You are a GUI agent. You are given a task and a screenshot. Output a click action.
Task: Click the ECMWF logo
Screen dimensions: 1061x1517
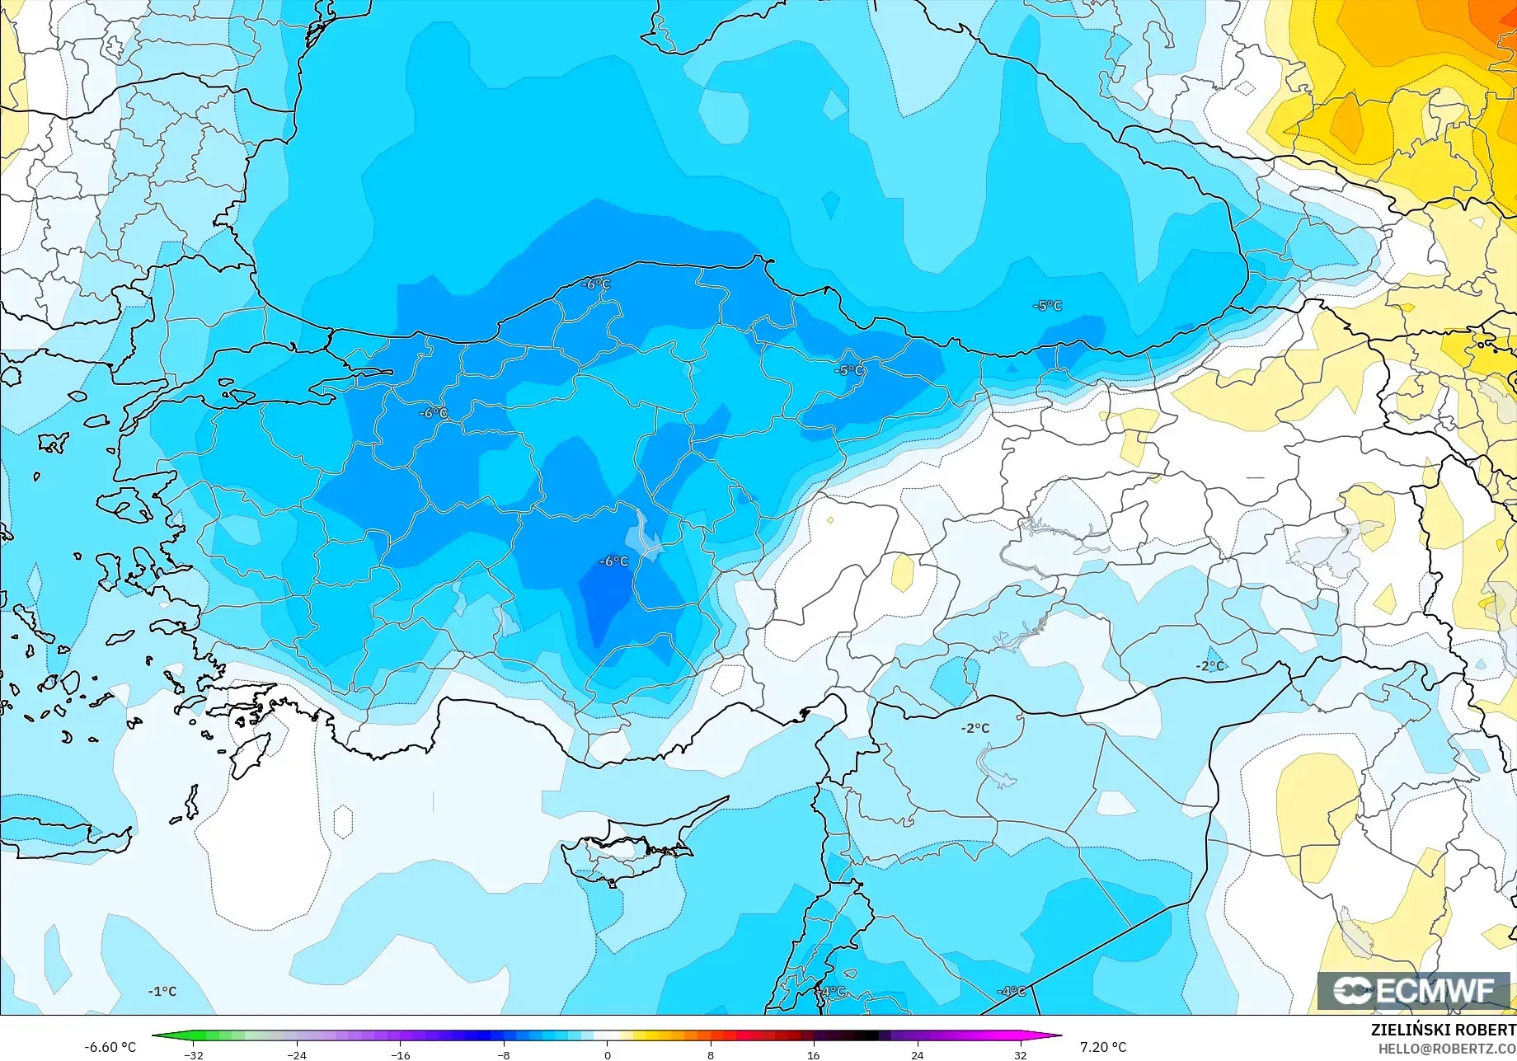(x=1413, y=991)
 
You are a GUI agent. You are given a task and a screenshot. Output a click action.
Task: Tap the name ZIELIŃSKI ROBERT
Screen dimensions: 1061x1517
(x=1443, y=1030)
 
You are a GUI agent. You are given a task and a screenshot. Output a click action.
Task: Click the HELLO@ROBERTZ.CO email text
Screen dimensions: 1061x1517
(x=1447, y=1049)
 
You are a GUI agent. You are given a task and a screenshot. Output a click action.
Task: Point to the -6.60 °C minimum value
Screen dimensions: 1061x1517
(x=110, y=1047)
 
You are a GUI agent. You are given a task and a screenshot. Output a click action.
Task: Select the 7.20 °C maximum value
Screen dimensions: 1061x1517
(x=1103, y=1047)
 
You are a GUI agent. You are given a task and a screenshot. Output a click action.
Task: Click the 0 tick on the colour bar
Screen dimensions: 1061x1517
(x=608, y=1055)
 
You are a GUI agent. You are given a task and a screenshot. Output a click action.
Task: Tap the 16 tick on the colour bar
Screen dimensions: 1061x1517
(x=814, y=1055)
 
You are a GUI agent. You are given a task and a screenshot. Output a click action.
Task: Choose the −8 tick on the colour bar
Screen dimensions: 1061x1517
(x=504, y=1055)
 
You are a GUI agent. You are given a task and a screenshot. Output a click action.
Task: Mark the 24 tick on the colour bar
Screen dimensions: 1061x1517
(x=917, y=1055)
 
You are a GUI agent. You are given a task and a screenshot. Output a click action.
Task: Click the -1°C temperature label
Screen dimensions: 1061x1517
(x=162, y=991)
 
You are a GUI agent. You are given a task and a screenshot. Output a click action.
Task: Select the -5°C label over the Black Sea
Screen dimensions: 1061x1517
(x=1048, y=306)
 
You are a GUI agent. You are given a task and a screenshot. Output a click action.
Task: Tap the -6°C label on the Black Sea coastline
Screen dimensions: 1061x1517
(x=596, y=284)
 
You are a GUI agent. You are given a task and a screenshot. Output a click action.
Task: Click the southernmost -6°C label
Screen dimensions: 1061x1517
(x=614, y=561)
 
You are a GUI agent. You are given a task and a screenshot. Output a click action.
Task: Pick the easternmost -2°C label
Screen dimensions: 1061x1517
(x=1210, y=666)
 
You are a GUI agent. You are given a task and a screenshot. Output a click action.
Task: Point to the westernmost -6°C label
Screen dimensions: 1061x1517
(x=433, y=413)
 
